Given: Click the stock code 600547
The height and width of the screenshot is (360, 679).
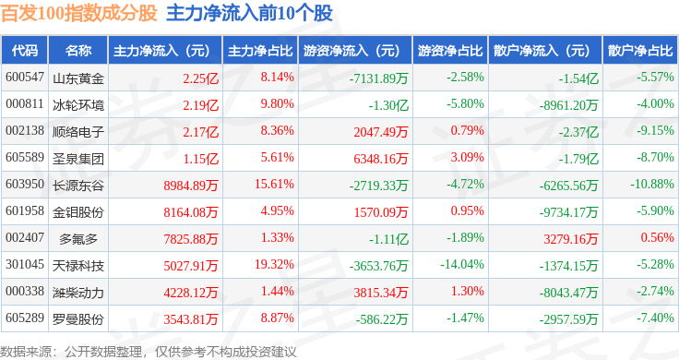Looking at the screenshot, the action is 25,78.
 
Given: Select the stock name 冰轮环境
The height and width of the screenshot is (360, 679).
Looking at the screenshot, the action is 78,105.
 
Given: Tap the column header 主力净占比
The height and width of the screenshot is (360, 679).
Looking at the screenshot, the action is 260,51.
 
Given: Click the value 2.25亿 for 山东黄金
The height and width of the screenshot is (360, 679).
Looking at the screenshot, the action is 200,78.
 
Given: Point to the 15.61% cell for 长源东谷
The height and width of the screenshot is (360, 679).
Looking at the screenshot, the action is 274,184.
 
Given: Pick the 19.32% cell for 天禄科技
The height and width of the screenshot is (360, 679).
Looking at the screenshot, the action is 274,264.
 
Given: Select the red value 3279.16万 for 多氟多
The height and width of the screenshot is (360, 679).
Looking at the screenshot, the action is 571,239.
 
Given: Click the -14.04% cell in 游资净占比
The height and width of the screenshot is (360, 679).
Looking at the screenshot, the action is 462,264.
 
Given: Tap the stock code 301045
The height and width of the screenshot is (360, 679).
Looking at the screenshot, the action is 25,264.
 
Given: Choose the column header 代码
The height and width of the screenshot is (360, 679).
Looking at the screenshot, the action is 25,51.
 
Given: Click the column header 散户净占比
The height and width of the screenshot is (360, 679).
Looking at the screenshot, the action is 640,51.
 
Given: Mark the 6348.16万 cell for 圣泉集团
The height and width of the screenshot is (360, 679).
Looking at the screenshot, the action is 381,159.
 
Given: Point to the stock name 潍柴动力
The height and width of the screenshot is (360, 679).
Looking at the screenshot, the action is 78,293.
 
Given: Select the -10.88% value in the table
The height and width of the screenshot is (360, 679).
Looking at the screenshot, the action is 652,184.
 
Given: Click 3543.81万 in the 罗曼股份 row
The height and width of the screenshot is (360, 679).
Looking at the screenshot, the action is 191,319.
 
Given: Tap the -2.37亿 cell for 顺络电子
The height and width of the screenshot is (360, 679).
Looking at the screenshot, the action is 578,132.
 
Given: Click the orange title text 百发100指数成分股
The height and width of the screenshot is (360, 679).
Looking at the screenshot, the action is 78,13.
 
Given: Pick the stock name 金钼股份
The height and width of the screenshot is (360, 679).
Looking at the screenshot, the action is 78,212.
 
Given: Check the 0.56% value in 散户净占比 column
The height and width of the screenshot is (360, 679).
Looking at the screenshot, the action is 658,237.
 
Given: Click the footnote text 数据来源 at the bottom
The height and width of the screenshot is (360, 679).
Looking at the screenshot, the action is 26,352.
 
